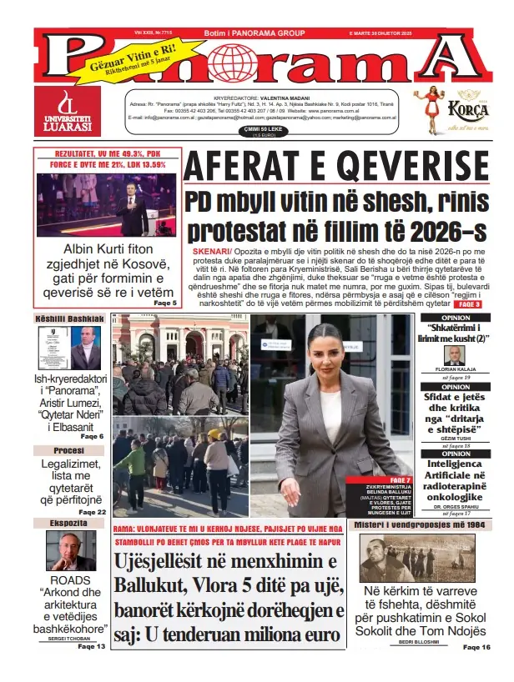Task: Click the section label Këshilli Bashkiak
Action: tap(69, 319)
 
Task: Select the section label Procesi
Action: tap(68, 450)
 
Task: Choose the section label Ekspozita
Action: tap(68, 524)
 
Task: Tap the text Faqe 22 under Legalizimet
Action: tap(92, 512)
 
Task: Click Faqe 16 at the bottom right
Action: tap(477, 647)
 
